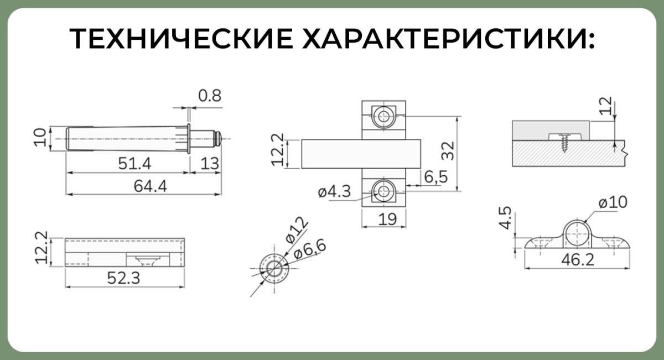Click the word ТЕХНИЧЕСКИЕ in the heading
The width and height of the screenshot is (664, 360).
click(x=181, y=39)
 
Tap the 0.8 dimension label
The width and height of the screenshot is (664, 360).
click(x=210, y=96)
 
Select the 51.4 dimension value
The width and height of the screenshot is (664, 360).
click(x=134, y=164)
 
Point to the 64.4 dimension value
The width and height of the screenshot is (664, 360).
click(x=151, y=186)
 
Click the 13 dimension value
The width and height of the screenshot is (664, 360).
click(x=210, y=164)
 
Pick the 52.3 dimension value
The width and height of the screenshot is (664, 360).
click(x=123, y=278)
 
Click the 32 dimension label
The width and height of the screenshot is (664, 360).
click(x=448, y=151)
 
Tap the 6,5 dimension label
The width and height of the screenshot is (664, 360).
click(x=436, y=177)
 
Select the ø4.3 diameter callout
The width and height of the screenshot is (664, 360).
click(x=334, y=192)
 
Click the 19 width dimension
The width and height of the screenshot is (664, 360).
click(x=387, y=220)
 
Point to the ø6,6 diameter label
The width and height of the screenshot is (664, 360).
click(x=310, y=251)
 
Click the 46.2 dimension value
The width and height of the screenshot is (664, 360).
click(x=578, y=260)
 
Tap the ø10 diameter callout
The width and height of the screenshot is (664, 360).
click(x=613, y=202)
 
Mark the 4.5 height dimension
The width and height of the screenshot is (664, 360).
click(x=505, y=218)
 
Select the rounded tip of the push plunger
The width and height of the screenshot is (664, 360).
click(x=219, y=139)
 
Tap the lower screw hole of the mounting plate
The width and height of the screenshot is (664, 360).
click(x=384, y=192)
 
